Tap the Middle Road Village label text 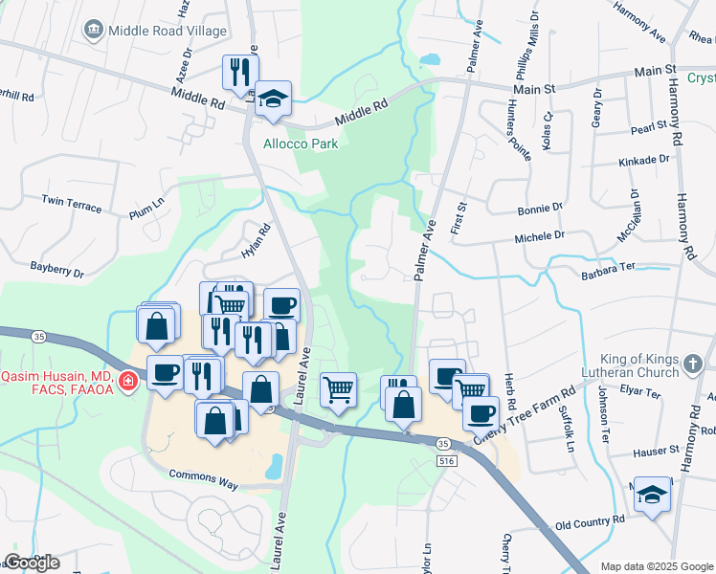(x=168, y=31)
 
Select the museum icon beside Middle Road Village (x=94, y=31)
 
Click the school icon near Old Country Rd (x=653, y=495)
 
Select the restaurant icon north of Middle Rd (x=238, y=71)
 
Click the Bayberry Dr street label (x=56, y=270)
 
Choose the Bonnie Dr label (x=540, y=208)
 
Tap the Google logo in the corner (x=32, y=562)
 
